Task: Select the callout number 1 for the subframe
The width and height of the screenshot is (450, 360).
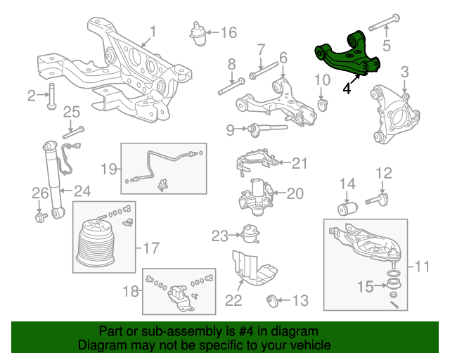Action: pos(153,32)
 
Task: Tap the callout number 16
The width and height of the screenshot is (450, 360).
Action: pos(229,32)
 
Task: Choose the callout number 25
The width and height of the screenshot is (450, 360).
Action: pos(72,111)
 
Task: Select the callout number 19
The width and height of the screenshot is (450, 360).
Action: pos(108,169)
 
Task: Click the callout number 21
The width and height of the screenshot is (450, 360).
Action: pos(300,163)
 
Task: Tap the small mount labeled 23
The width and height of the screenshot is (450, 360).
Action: pos(248,234)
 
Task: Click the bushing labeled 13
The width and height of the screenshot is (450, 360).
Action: pos(275,302)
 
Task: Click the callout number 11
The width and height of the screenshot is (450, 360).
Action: pos(421,266)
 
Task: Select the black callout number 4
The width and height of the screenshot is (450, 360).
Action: pos(347,89)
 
